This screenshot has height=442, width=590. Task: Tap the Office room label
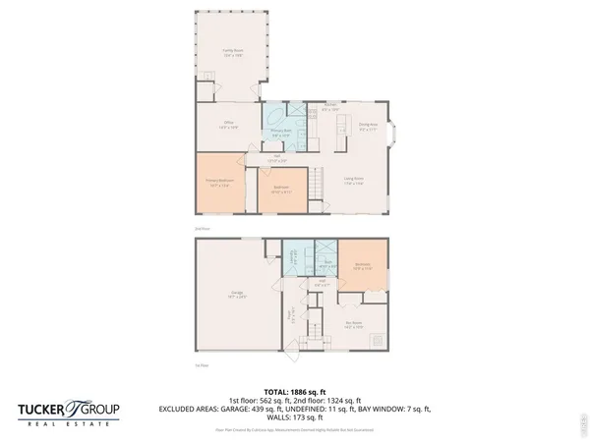click(x=228, y=125)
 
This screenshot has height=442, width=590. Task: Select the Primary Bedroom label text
click(x=217, y=181)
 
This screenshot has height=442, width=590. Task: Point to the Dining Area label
click(x=369, y=127)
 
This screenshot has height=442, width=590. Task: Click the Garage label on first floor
click(x=236, y=296)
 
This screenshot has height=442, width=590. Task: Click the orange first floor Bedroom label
click(x=363, y=264)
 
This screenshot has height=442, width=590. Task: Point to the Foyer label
click(x=292, y=317)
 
